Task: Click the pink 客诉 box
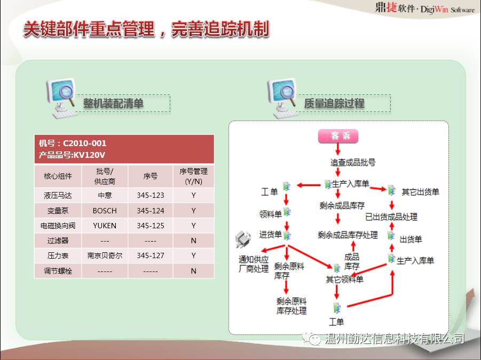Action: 338,136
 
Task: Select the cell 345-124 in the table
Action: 151,211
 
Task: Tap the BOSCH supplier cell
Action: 105,211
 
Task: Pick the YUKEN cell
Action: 105,226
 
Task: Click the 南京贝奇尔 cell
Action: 105,255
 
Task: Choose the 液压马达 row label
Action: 58,196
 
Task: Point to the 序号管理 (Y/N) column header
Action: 194,176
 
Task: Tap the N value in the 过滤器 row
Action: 194,241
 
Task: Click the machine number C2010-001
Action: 84,143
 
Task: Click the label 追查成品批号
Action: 353,162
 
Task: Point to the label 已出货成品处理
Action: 391,217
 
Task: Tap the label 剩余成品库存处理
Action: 348,235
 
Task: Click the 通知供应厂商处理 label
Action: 254,264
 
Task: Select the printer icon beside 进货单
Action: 243,239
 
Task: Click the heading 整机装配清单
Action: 113,103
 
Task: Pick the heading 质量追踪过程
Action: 334,103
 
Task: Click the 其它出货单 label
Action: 420,192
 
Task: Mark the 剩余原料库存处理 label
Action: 291,306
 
